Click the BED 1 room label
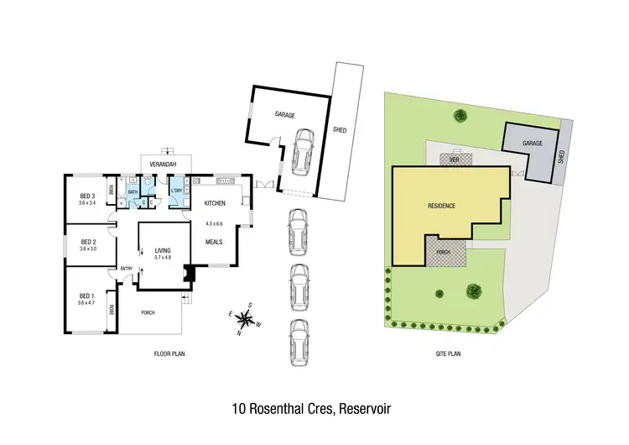(x=86, y=296)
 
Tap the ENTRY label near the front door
(x=127, y=269)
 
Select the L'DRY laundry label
(x=177, y=190)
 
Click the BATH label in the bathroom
(x=133, y=192)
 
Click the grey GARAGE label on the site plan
(x=533, y=144)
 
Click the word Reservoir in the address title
(x=366, y=409)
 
